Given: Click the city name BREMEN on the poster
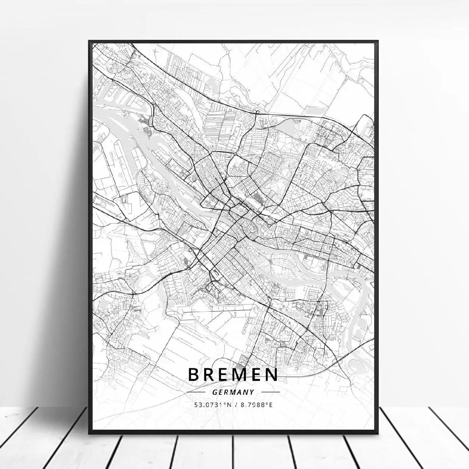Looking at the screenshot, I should coord(233,374).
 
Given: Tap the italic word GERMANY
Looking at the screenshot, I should coord(233,392).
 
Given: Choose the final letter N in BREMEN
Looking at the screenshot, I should coord(272,374).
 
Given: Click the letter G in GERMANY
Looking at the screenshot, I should coord(215,392).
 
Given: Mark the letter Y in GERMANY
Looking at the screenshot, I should coord(252,392).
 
